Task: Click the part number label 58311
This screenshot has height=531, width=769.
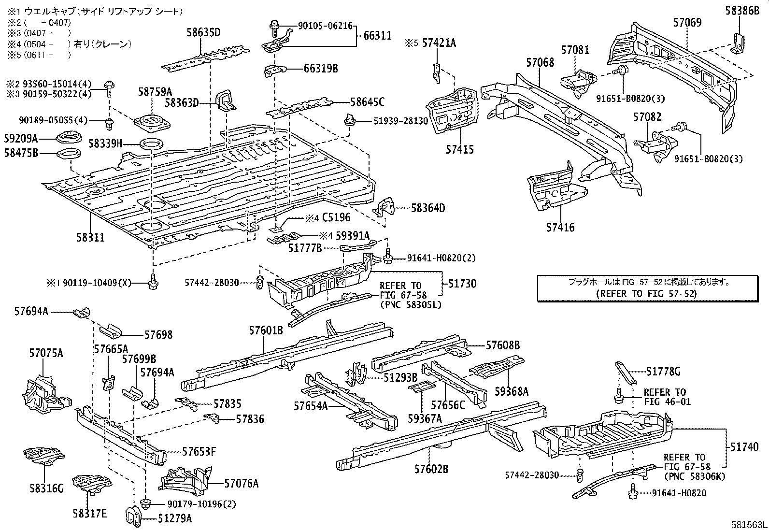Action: pyautogui.click(x=90, y=238)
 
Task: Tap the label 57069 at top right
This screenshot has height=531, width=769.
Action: pyautogui.click(x=687, y=22)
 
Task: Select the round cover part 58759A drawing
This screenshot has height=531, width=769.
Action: pyautogui.click(x=152, y=122)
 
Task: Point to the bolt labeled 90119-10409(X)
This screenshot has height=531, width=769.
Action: pyautogui.click(x=154, y=282)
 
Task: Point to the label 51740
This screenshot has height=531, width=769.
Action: pyautogui.click(x=745, y=447)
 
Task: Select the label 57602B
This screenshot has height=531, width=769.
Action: pyautogui.click(x=431, y=469)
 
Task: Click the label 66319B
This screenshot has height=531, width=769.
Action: pyautogui.click(x=321, y=69)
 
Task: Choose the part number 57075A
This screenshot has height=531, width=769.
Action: pyautogui.click(x=45, y=353)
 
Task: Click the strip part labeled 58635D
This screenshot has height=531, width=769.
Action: pyautogui.click(x=205, y=59)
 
